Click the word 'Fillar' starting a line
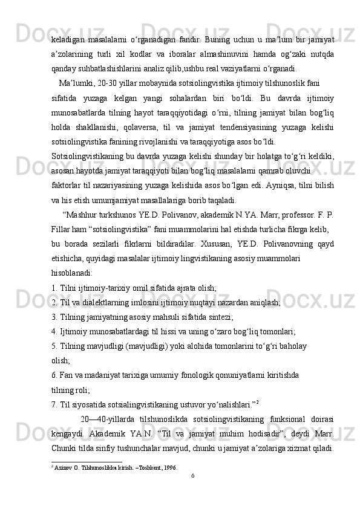pos(61,230)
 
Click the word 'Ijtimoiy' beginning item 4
pos(75,330)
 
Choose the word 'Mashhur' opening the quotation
pos(82,215)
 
